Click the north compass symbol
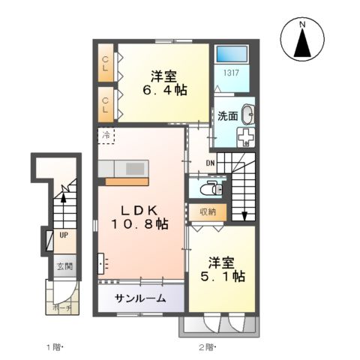pyautogui.click(x=302, y=41)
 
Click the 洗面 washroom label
pyautogui.click(x=227, y=116)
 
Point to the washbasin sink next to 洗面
pyautogui.click(x=248, y=115)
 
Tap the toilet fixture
pyautogui.click(x=211, y=186)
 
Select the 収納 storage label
pyautogui.click(x=208, y=211)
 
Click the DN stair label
pyautogui.click(x=211, y=164)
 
